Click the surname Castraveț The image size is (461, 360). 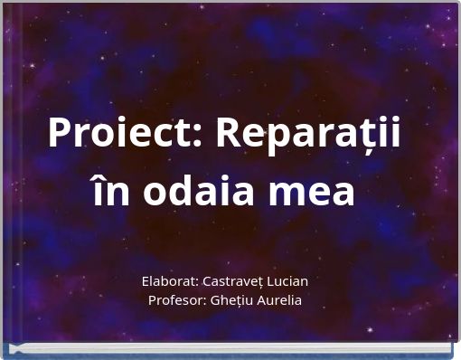242,281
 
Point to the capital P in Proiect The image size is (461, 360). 60,135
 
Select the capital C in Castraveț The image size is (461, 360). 214,281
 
